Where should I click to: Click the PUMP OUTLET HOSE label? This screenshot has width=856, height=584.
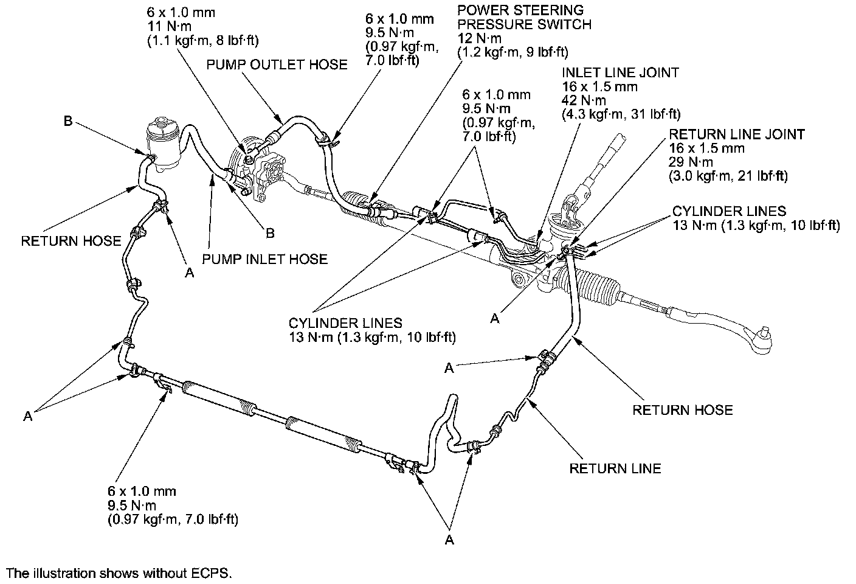tap(277, 64)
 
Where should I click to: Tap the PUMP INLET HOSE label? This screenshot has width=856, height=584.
tap(264, 259)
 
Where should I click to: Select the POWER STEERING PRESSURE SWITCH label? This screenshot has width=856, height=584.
tap(524, 18)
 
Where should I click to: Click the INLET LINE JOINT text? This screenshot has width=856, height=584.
tap(620, 72)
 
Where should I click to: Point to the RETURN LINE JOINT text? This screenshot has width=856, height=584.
tap(737, 134)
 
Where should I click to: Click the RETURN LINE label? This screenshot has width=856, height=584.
tap(615, 468)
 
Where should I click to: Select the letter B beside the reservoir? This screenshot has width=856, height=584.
tap(69, 121)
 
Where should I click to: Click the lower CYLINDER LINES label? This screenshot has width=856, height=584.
tap(345, 322)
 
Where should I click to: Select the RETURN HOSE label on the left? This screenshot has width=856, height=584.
tap(71, 241)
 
